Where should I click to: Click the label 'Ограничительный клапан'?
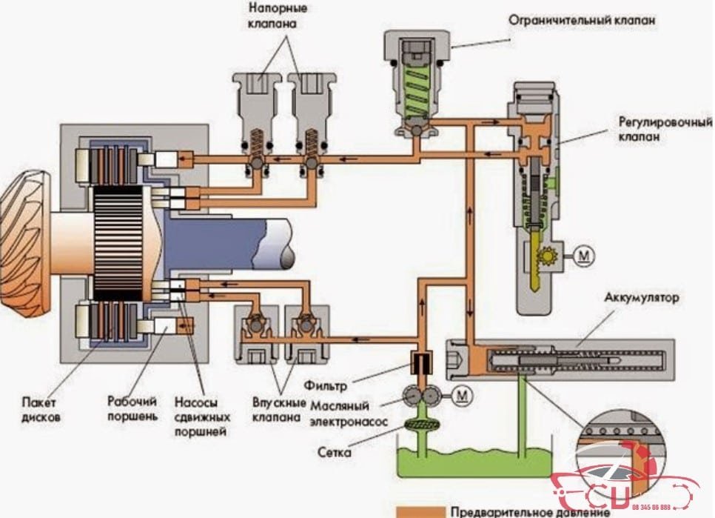tap(582, 21)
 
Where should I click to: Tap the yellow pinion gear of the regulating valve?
tap(548, 258)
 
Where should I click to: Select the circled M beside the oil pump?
tap(463, 396)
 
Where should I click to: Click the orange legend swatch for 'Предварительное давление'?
tap(419, 511)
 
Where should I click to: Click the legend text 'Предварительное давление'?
tap(530, 511)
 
